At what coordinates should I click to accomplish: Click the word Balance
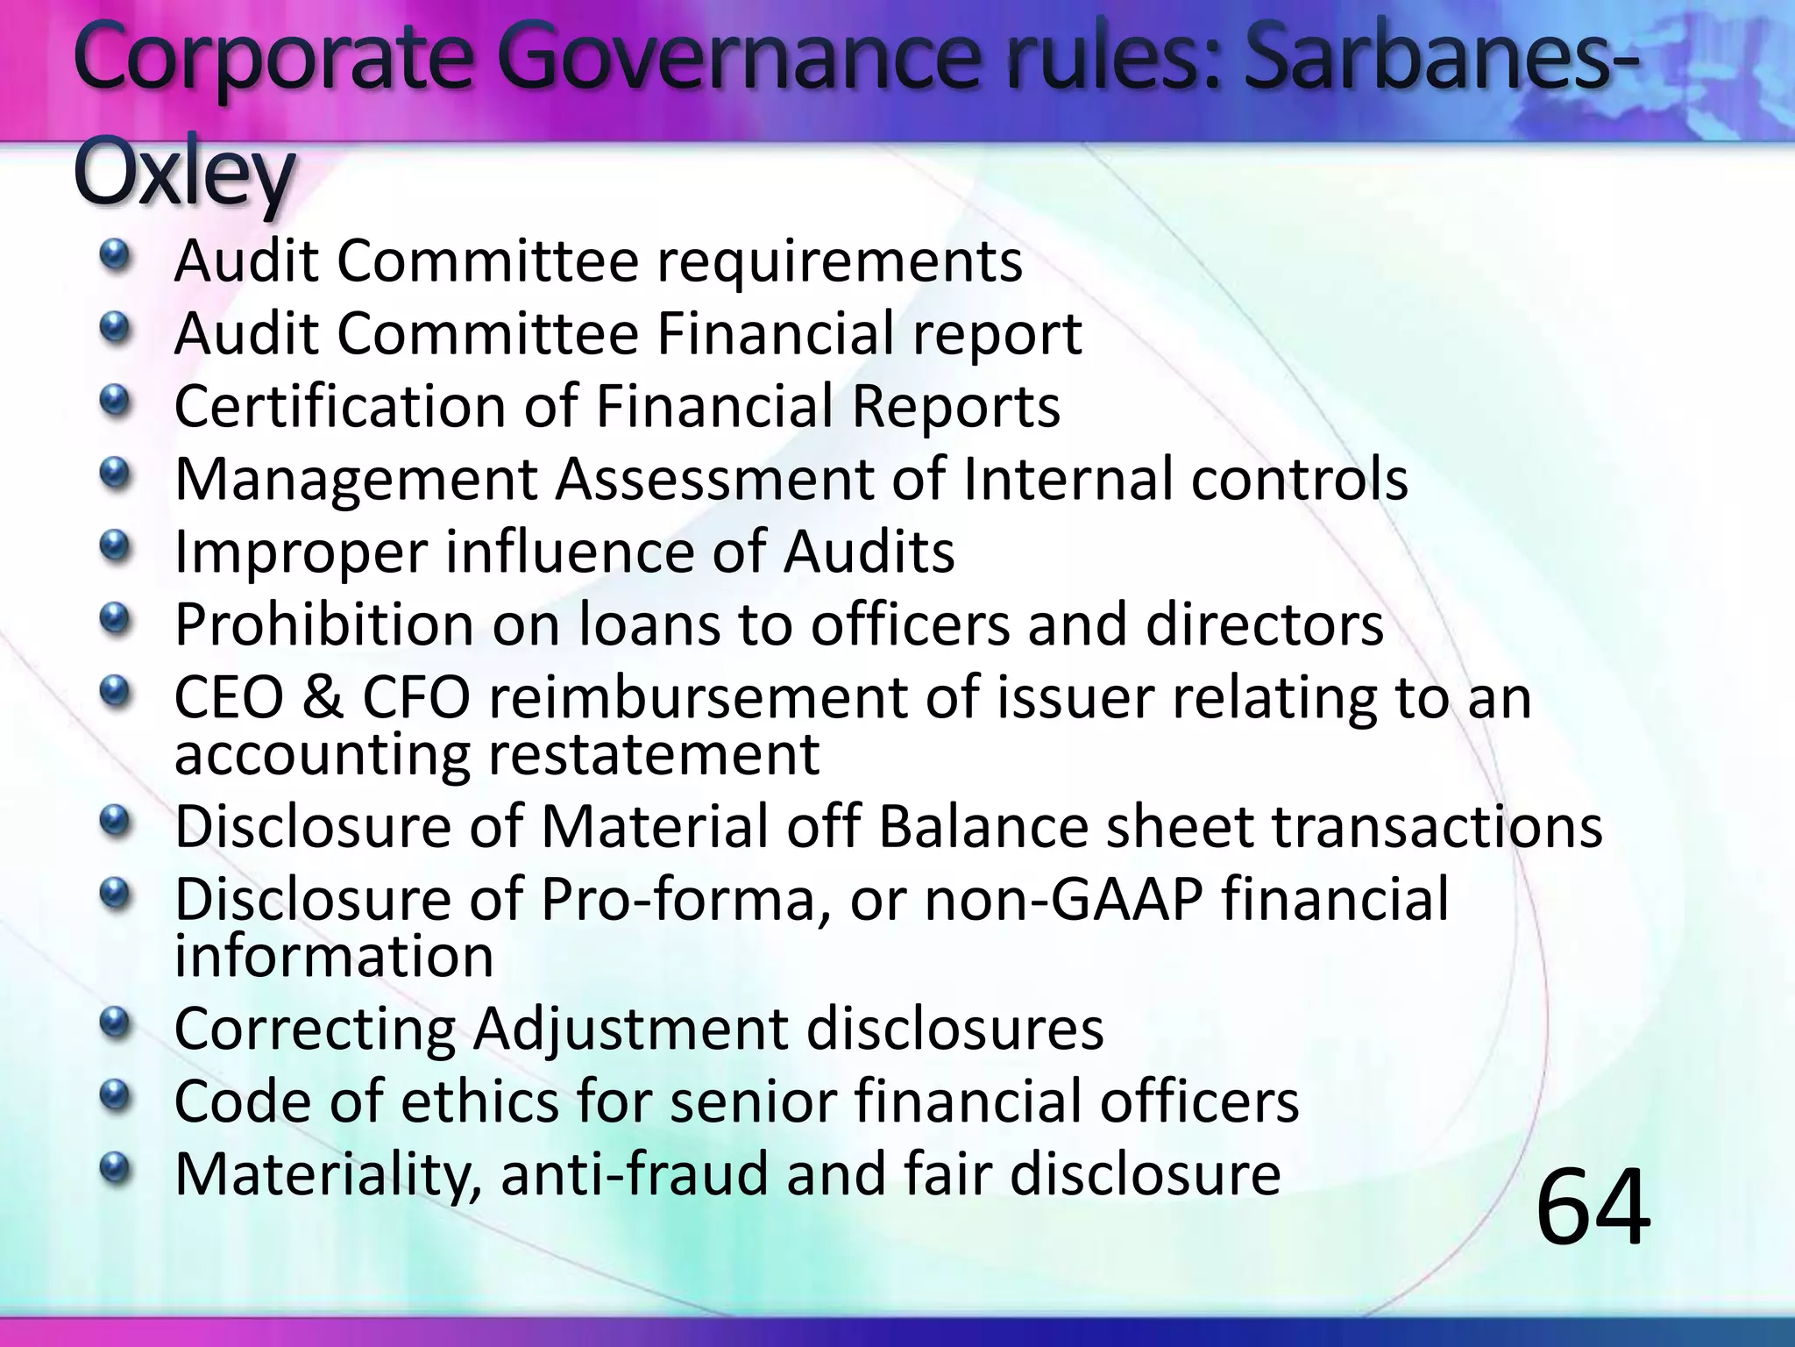click(982, 827)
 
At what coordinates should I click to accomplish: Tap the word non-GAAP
click(1064, 901)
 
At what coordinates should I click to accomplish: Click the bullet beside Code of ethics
click(114, 1095)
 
